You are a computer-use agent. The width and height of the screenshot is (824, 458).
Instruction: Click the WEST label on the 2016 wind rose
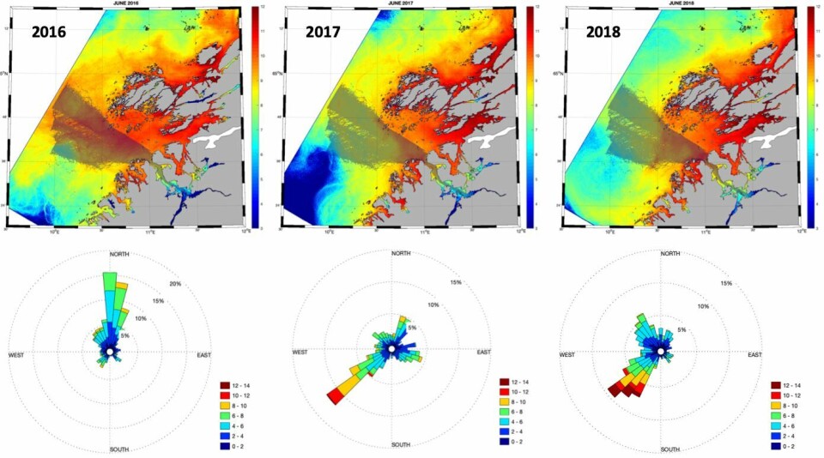(x=21, y=355)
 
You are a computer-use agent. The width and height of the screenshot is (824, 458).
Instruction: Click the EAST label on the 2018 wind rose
(x=754, y=355)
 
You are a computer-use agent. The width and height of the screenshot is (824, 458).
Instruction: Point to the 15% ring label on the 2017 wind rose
(x=456, y=282)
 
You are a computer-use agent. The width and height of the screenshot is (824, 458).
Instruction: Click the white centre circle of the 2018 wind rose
(x=660, y=351)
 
